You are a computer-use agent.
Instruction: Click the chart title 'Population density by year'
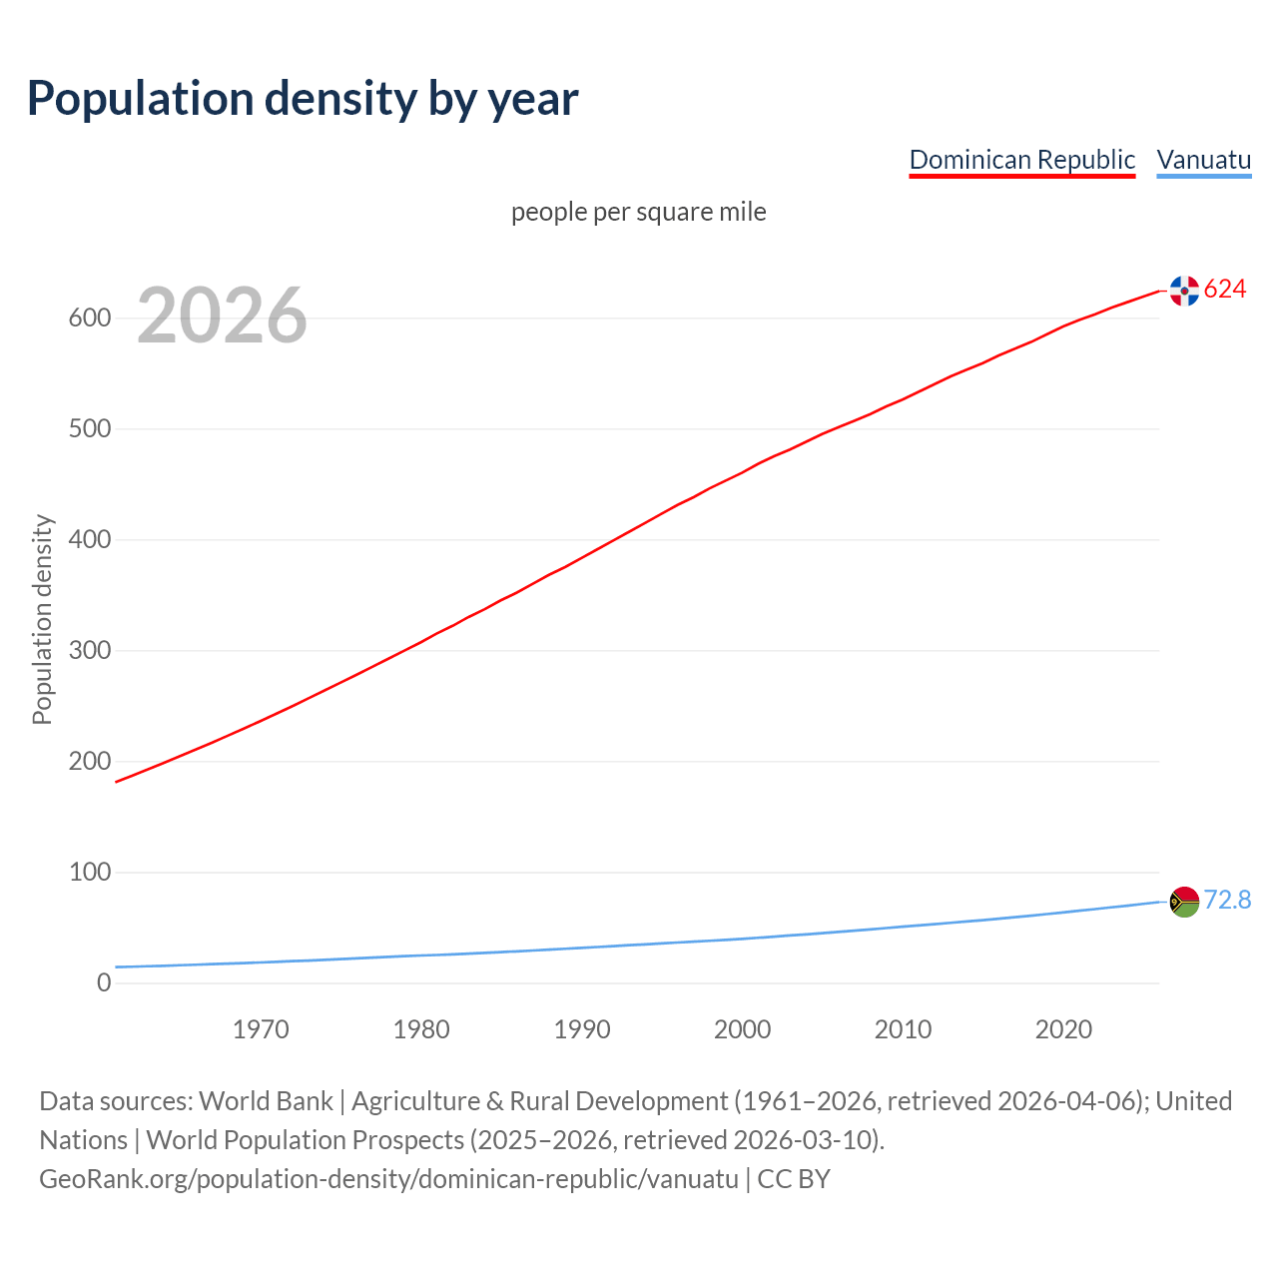tap(303, 99)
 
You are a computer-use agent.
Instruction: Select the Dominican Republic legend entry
tap(1021, 160)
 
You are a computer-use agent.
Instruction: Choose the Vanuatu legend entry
tap(1203, 160)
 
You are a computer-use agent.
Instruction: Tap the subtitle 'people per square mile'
tap(638, 212)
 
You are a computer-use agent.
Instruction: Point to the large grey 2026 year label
tap(222, 316)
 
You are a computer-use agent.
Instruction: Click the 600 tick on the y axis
tap(89, 319)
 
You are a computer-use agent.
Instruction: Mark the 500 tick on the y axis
tap(89, 429)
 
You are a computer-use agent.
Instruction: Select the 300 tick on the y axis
tap(89, 651)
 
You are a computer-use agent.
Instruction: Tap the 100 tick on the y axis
tap(89, 873)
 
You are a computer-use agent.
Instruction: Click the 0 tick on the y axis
tap(104, 983)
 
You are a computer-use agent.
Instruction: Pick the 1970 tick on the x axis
tap(261, 1029)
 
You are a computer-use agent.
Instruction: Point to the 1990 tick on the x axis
tap(582, 1029)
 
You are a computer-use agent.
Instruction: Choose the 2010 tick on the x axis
tap(903, 1029)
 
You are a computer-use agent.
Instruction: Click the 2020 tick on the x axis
tap(1063, 1029)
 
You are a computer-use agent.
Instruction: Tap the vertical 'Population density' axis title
tap(42, 619)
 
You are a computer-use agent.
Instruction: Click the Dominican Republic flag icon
tap(1184, 291)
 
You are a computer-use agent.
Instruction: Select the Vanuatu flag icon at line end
tap(1184, 902)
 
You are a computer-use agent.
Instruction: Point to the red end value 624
tap(1225, 290)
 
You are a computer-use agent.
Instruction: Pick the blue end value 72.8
tap(1227, 901)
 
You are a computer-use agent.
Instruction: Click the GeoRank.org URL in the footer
tap(388, 1179)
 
